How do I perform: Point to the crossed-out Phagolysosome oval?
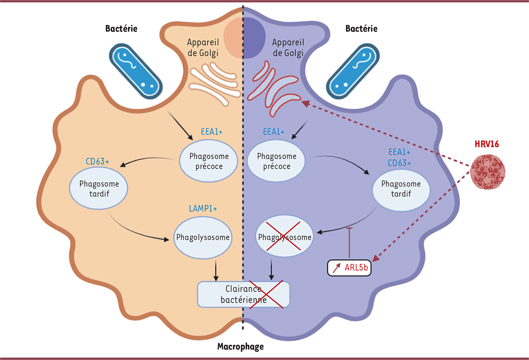tap(285, 237)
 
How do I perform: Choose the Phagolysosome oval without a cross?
tap(203, 237)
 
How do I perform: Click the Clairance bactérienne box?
tap(244, 294)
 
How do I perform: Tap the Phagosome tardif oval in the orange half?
tap(98, 190)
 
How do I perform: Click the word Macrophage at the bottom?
tap(240, 347)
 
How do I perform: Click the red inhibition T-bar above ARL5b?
tap(350, 242)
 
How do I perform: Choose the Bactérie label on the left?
tap(121, 29)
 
